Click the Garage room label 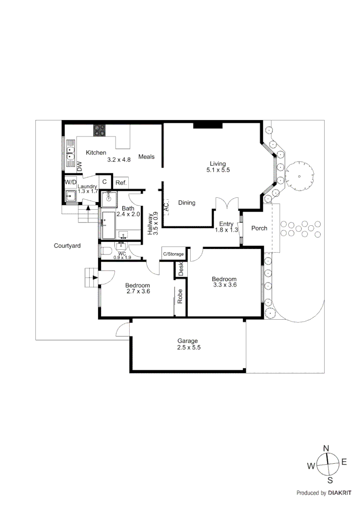click(187, 341)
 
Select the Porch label click(259, 228)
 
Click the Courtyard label click(67, 246)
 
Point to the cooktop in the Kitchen click(99, 130)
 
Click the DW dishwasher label click(79, 166)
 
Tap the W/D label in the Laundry click(71, 182)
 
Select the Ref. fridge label click(120, 183)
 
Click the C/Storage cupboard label click(173, 254)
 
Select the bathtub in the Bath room click(108, 225)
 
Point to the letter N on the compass click(326, 448)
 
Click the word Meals click(146, 157)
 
